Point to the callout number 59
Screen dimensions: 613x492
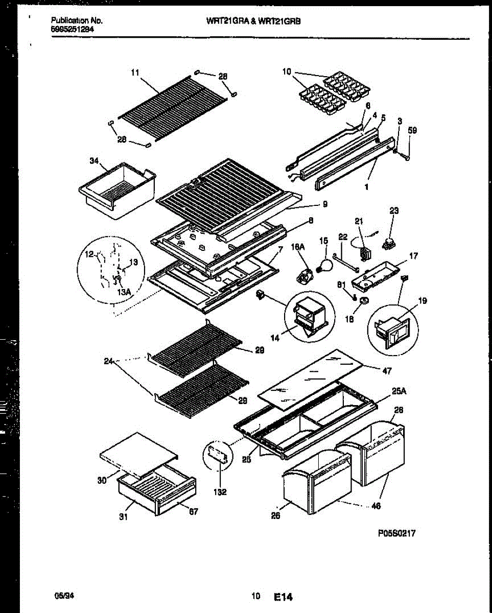[x=413, y=131]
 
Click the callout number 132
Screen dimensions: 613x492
[x=220, y=492]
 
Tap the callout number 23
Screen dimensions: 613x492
[x=394, y=210]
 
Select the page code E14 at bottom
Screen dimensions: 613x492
[x=284, y=597]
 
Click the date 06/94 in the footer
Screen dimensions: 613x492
[x=61, y=595]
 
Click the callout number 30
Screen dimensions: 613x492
[x=101, y=480]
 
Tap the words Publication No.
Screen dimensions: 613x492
[x=77, y=21]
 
